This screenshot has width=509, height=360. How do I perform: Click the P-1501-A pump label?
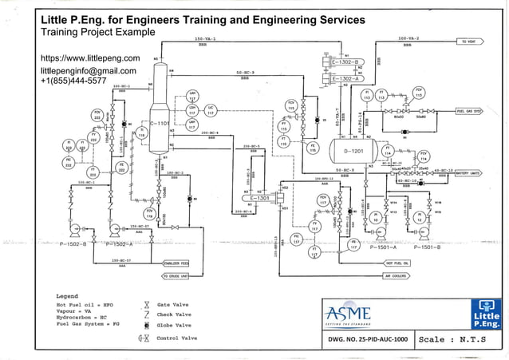tap(388, 247)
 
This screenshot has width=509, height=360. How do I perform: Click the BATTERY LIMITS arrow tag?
tap(471, 172)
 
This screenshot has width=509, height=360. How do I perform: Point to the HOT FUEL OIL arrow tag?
tap(399, 262)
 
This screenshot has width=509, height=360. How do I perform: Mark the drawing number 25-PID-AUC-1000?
tap(368, 339)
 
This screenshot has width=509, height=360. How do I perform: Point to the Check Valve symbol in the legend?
tap(145, 315)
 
